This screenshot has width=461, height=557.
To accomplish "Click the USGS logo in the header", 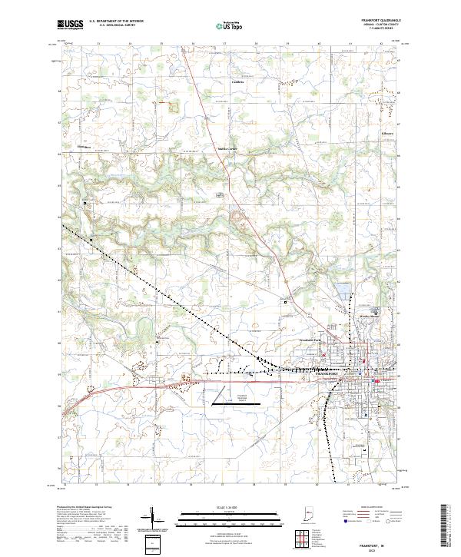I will click(71, 25).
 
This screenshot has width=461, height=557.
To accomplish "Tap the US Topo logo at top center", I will click(230, 26).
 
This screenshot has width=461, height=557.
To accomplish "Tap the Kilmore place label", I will click(388, 133).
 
